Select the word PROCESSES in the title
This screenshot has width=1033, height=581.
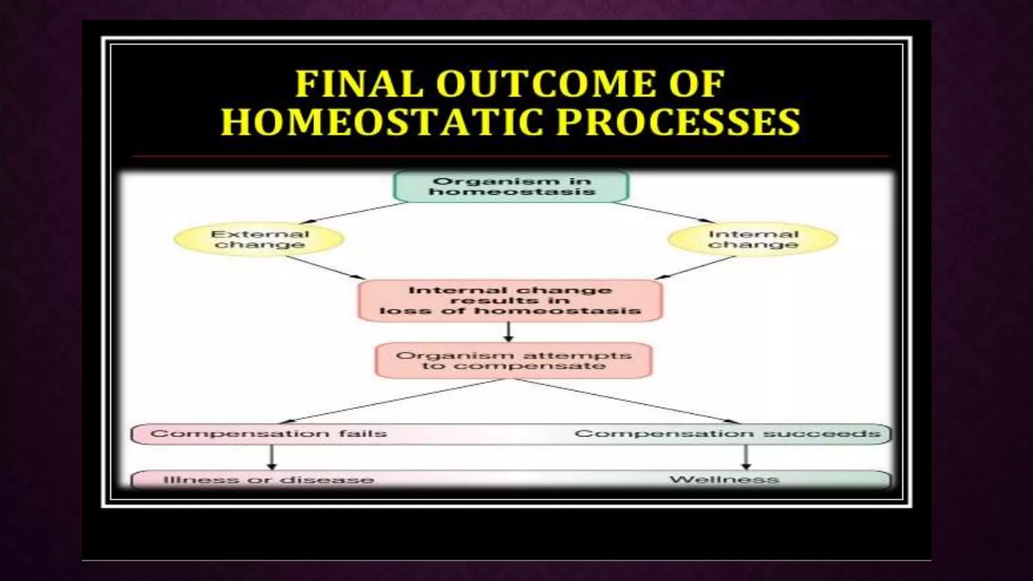coord(678,122)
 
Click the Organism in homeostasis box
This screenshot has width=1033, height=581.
coord(511,187)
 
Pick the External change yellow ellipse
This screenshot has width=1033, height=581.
coord(259,240)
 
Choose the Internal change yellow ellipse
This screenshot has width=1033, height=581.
coord(753,240)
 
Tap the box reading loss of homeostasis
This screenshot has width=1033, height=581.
coord(510,301)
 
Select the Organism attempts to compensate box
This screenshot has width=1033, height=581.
coord(513,361)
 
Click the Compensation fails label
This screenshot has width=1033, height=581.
coord(268,434)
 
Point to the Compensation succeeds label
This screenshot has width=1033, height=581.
coord(727,434)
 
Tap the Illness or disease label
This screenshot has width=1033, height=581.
coord(269,479)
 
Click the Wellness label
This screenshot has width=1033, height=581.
coord(724,479)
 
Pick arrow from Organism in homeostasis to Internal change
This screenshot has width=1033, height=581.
coord(663,212)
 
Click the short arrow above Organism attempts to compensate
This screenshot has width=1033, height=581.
coord(508,332)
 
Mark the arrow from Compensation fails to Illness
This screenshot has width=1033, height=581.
coord(272,457)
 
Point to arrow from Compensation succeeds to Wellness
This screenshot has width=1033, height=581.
coord(746,457)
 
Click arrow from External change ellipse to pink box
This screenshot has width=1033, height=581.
coord(325,267)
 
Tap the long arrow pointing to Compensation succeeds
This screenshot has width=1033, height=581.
coord(625,401)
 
